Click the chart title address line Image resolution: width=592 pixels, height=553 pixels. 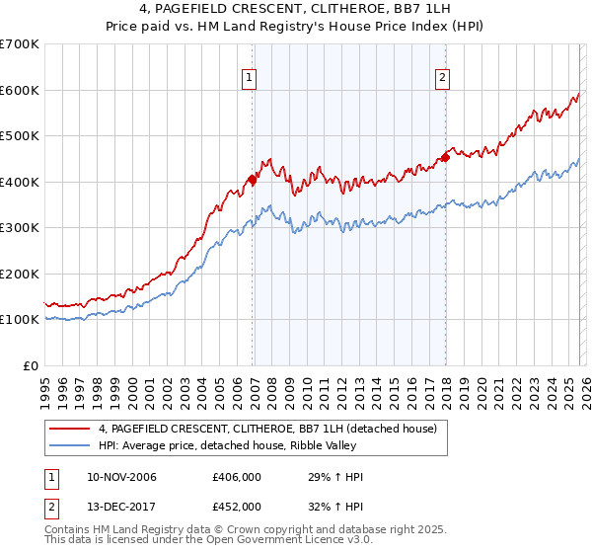[x=296, y=11]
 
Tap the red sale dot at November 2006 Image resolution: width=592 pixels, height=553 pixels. [x=253, y=180]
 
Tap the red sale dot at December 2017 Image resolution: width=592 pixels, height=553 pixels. [x=446, y=156]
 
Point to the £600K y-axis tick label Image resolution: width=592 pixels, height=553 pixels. [x=20, y=90]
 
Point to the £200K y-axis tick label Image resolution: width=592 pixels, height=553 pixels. [x=20, y=274]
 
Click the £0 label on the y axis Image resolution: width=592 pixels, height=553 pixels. [x=31, y=365]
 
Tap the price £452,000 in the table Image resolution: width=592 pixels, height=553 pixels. [x=237, y=506]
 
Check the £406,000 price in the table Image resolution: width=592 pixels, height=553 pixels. [x=237, y=478]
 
